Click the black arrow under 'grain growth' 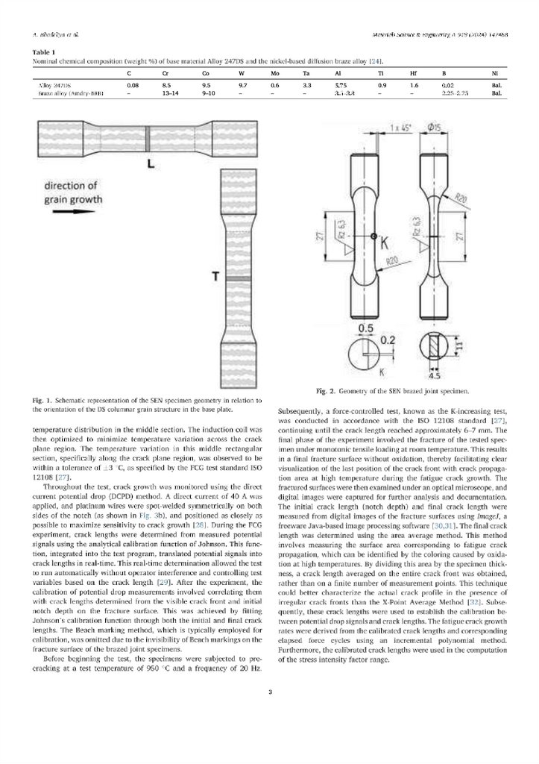[x=60, y=211]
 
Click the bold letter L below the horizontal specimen [x=151, y=163]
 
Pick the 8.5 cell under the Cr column [x=166, y=87]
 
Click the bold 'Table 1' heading [x=45, y=51]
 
